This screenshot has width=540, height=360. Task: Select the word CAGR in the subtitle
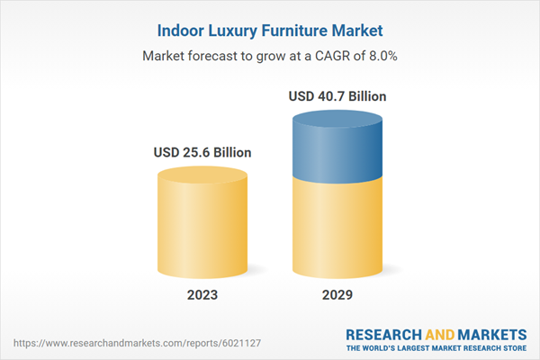[326, 56]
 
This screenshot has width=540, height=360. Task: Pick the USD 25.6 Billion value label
[202, 152]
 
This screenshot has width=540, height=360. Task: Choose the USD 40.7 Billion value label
[337, 95]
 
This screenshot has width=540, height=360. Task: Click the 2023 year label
[202, 295]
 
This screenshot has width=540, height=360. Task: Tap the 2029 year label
[337, 295]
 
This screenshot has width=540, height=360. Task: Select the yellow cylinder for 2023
[202, 225]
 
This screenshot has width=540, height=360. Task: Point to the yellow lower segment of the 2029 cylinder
[337, 225]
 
